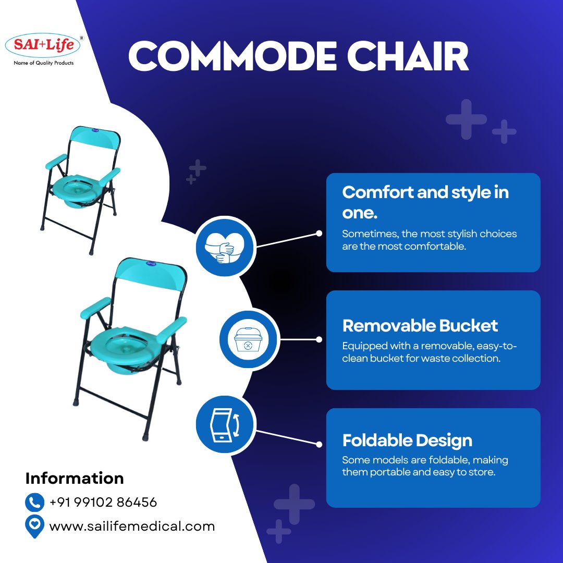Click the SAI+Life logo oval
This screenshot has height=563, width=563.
tap(43, 45)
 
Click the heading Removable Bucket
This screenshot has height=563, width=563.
tap(420, 326)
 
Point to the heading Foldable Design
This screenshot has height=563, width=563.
tap(407, 440)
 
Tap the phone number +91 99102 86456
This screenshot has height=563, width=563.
tap(103, 503)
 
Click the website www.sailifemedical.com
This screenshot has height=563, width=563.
tap(132, 526)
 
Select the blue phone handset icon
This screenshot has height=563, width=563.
tap(35, 503)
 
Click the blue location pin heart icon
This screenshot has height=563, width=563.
tap(35, 526)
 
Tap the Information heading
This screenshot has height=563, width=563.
tap(75, 478)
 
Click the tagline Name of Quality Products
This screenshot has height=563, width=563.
tap(43, 63)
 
